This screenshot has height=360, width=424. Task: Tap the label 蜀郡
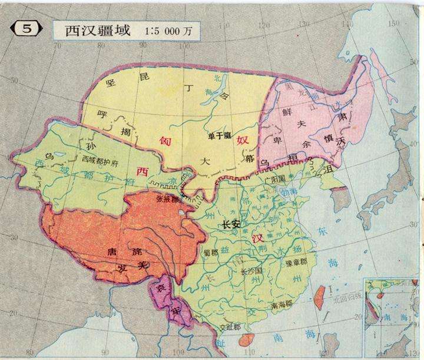tap(210, 252)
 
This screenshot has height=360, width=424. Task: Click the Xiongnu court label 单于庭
tap(217, 135)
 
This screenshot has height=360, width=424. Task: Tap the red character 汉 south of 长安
tap(256, 239)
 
